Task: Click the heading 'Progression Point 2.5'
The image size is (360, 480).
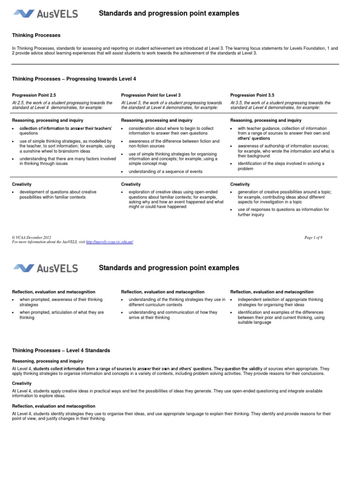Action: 34,95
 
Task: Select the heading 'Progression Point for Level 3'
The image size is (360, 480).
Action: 150,95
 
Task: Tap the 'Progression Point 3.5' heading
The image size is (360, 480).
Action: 252,95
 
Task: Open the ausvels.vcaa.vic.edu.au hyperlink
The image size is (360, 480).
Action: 110,242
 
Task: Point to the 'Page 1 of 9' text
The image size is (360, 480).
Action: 313,238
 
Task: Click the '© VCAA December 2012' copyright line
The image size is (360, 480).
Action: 32,238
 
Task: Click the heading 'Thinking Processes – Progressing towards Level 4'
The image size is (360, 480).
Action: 74,79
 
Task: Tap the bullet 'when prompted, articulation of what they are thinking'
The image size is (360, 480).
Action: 61,315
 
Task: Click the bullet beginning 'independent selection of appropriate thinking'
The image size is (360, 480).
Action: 280,302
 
